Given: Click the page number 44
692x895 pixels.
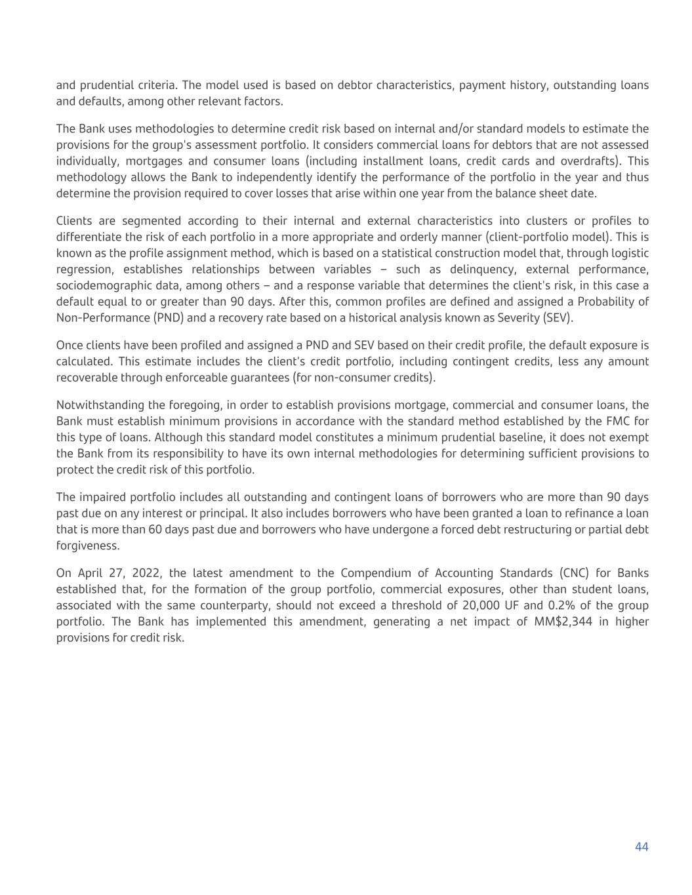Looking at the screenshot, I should click(x=641, y=847).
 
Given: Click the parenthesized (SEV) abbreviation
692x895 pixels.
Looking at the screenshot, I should click(x=558, y=318).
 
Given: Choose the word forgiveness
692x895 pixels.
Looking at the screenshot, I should click(x=88, y=546).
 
